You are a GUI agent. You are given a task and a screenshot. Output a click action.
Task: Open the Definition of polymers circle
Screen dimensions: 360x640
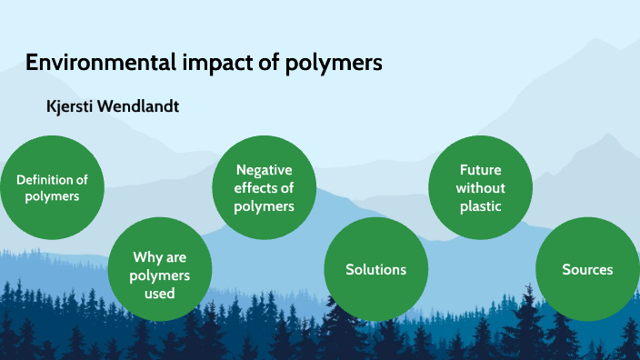click(x=52, y=187)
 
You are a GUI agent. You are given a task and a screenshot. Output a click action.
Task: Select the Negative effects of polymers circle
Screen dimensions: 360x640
click(x=265, y=187)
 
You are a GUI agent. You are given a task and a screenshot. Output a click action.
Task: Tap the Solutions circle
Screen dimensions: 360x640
click(x=375, y=269)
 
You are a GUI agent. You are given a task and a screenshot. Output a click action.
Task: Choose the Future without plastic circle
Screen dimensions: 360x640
click(x=480, y=187)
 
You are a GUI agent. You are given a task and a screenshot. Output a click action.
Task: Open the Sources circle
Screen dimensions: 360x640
click(x=587, y=269)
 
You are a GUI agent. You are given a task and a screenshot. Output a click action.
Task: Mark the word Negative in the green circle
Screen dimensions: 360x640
click(x=265, y=170)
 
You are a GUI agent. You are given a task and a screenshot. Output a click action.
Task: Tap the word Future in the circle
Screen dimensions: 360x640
click(x=481, y=170)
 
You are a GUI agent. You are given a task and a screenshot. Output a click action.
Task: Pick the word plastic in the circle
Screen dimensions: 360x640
click(x=481, y=206)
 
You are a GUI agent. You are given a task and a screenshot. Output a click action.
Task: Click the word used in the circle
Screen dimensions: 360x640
click(x=160, y=294)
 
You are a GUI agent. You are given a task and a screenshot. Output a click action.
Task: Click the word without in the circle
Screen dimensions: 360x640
click(x=481, y=188)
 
